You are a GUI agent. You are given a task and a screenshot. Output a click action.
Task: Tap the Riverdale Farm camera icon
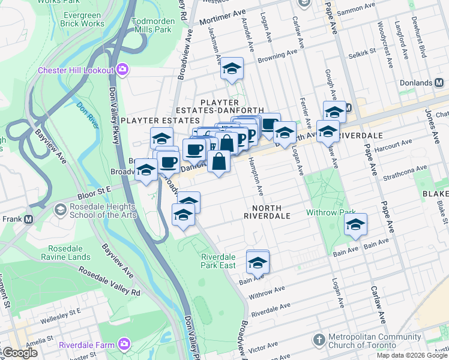coord(124,344)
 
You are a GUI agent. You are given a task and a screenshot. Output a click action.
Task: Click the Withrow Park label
coord(327,213)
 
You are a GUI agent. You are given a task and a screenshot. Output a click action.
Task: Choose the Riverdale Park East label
coord(218,260)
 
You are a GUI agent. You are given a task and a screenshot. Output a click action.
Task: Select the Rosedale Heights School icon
coord(60,209)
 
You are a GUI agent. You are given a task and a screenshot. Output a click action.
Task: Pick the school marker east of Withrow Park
coord(355,226)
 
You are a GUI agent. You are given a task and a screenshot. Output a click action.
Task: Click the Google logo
coord(19,353)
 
